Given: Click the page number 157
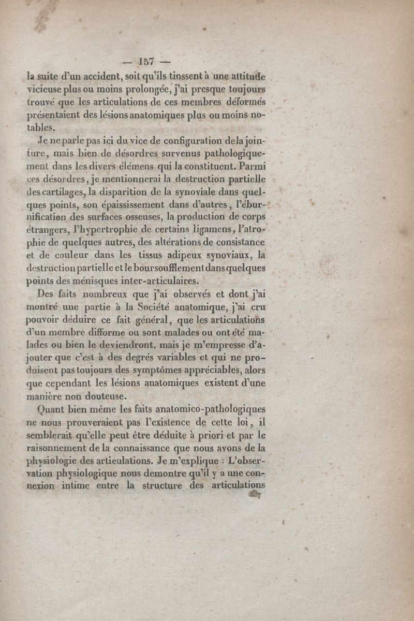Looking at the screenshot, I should click(x=146, y=61).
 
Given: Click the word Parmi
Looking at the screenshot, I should click(x=251, y=166).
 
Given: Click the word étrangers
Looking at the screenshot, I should click(x=49, y=230).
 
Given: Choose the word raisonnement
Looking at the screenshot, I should click(x=63, y=447).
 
